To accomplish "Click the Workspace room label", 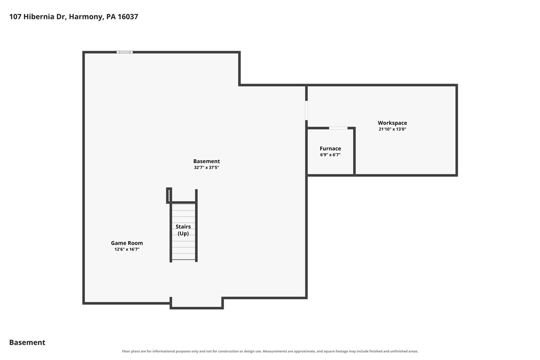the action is click(392, 123).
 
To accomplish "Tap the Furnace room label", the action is click(330, 149).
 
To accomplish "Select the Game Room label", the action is click(127, 243).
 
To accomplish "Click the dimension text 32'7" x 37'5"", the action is click(206, 168).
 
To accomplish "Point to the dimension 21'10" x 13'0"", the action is click(392, 129).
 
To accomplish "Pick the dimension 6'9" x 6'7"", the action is click(330, 155).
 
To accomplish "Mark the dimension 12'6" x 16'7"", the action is click(127, 249).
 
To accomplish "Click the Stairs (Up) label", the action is click(183, 230).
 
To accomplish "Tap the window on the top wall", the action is click(124, 52).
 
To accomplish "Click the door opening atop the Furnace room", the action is click(338, 128).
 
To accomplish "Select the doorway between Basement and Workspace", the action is click(306, 110).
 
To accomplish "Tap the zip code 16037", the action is click(128, 16).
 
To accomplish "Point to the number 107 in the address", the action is click(15, 16).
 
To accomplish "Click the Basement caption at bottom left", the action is click(27, 343).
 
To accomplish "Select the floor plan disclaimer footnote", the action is click(270, 352).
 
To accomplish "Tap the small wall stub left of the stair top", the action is click(169, 195).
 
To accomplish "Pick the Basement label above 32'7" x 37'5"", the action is click(206, 161).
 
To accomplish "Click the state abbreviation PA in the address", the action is click(111, 16).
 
